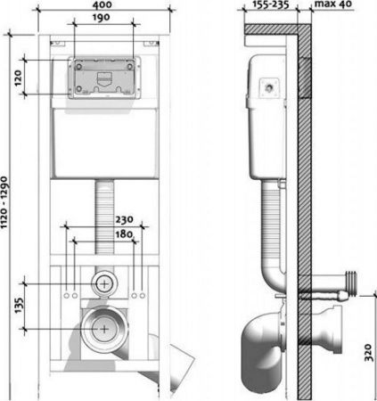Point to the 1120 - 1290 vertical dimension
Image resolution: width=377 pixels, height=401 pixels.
click(7, 217)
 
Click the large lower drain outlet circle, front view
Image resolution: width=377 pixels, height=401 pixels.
click(104, 327)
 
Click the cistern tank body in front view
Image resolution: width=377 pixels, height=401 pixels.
click(103, 143)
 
